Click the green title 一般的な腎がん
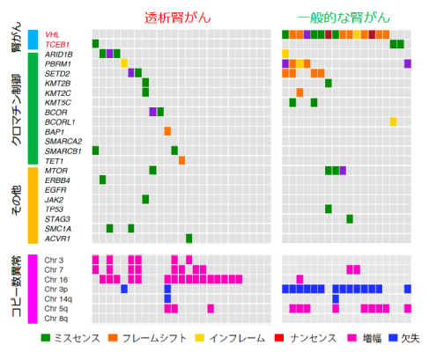coord(346,16)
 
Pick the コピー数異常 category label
coord(17,288)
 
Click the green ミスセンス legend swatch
coord(47,337)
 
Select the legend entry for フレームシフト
coord(150,337)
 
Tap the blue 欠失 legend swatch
coord(388,337)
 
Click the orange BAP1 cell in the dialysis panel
coord(167,131)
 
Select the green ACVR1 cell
coord(189,238)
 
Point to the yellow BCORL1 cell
coord(393,121)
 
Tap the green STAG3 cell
coord(350,218)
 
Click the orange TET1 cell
coord(181,160)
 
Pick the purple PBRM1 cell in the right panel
coord(407,63)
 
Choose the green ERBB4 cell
coord(103,180)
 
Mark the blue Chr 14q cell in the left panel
coord(167,298)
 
